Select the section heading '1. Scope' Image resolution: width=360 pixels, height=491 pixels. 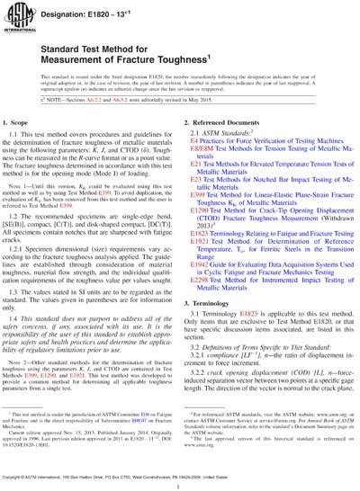[x=28, y=147]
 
